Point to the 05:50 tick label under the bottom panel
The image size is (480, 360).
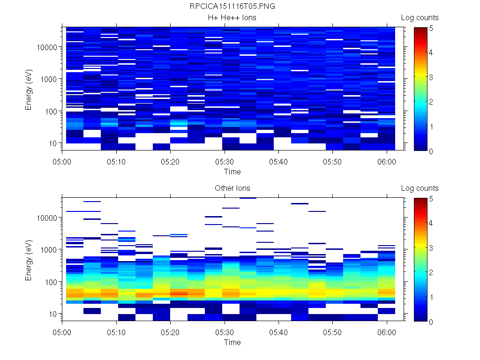[x=332, y=330]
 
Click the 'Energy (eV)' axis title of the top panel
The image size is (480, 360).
[x=29, y=89]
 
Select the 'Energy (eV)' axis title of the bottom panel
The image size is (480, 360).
[x=29, y=259]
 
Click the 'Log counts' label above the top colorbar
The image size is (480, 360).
[x=420, y=18]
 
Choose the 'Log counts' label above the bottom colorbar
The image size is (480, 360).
[x=420, y=188]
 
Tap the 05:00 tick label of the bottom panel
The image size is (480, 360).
[x=63, y=330]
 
